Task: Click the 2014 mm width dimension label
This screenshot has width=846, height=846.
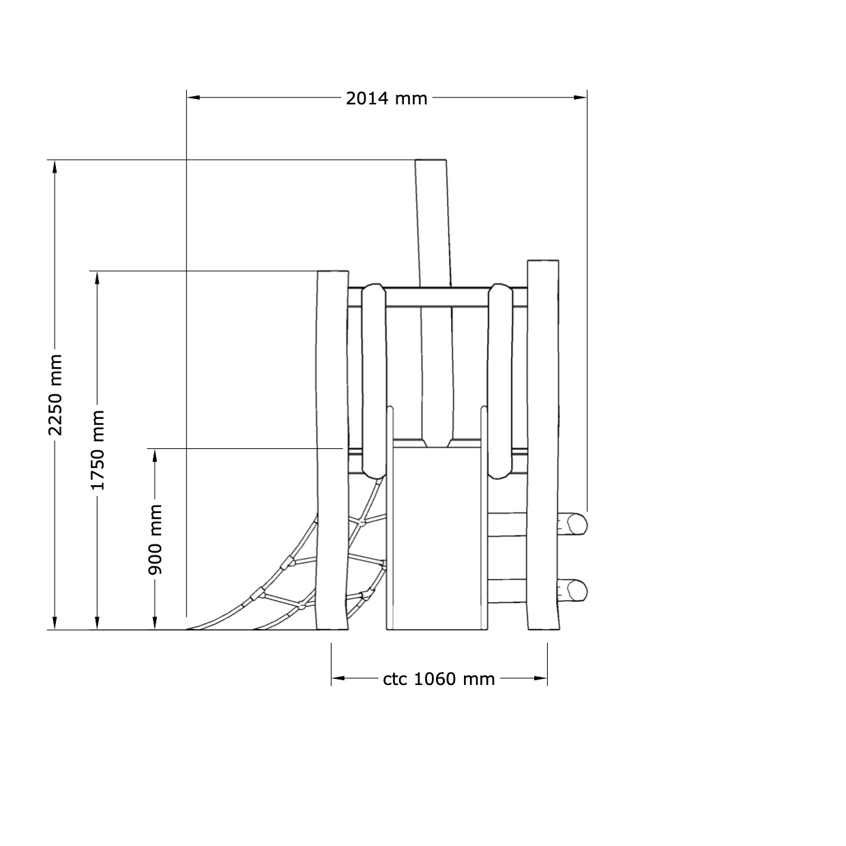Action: (386, 98)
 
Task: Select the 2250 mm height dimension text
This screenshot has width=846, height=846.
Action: (56, 394)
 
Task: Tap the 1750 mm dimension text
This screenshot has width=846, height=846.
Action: (98, 450)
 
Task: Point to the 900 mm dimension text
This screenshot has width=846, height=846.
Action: (155, 540)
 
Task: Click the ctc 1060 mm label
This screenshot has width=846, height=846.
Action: (439, 679)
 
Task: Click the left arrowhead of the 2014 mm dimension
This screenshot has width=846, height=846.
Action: (194, 98)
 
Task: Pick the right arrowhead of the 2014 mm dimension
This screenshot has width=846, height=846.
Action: (580, 98)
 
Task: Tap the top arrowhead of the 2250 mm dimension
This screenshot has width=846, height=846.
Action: (55, 167)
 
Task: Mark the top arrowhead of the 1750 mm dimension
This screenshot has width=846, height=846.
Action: (97, 278)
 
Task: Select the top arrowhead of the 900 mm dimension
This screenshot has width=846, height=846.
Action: (155, 456)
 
